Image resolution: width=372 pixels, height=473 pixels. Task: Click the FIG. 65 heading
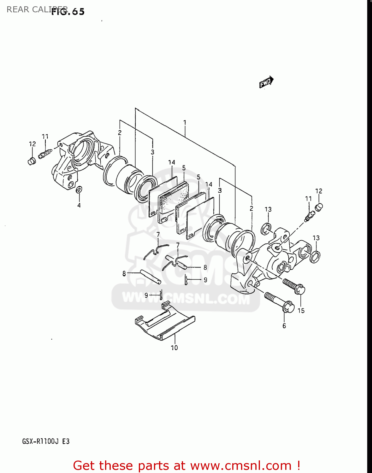pyautogui.click(x=68, y=12)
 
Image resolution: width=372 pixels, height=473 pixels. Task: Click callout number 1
pyautogui.click(x=185, y=122)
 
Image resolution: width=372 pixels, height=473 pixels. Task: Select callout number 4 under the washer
pyautogui.click(x=79, y=205)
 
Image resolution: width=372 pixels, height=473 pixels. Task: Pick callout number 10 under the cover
pyautogui.click(x=174, y=347)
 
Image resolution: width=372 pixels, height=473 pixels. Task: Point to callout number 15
pyautogui.click(x=301, y=311)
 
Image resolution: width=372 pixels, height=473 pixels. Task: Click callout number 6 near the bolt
pyautogui.click(x=284, y=326)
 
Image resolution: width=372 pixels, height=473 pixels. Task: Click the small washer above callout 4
pyautogui.click(x=79, y=190)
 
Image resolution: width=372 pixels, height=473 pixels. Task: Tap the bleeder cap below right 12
pyautogui.click(x=319, y=207)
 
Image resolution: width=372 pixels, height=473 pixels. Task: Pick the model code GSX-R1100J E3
pyautogui.click(x=46, y=441)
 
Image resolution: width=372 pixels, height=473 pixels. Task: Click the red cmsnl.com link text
pyautogui.click(x=186, y=465)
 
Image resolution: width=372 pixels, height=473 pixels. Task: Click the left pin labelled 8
pyautogui.click(x=151, y=277)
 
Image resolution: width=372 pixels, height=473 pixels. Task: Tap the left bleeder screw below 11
pyautogui.click(x=44, y=154)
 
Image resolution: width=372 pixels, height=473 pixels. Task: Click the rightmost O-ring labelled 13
pyautogui.click(x=315, y=257)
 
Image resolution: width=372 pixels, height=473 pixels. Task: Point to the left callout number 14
pyautogui.click(x=171, y=162)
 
